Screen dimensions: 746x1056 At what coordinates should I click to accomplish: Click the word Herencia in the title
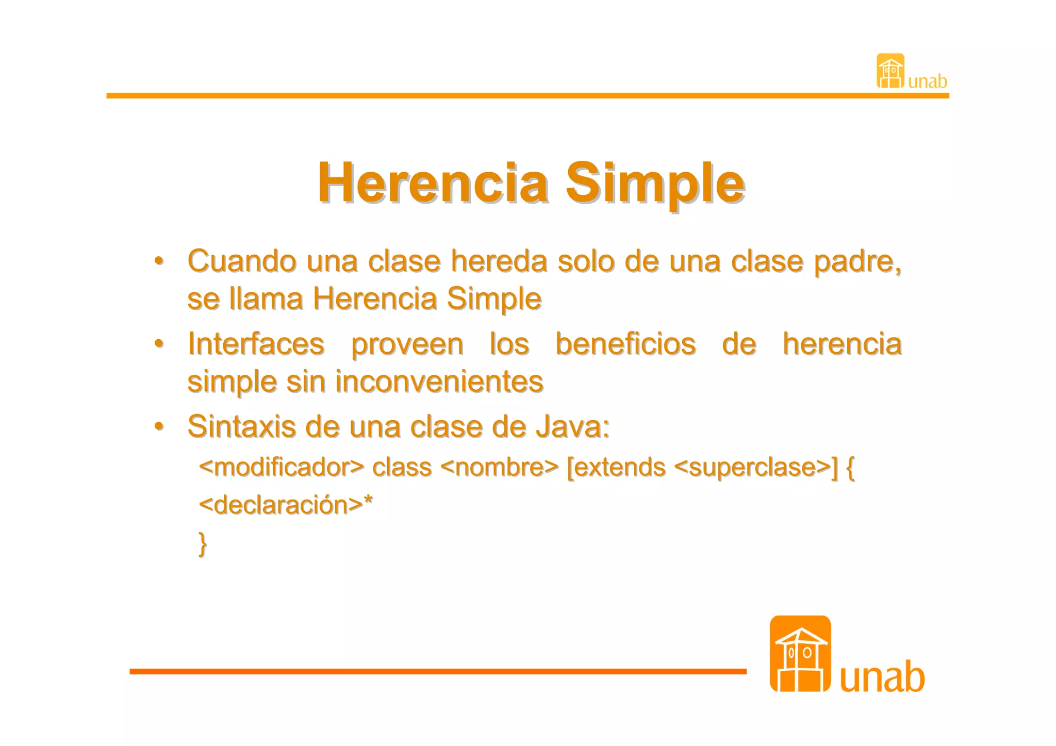click(433, 184)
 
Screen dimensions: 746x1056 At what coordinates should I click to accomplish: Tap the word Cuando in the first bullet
click(242, 261)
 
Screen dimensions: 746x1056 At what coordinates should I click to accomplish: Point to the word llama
click(266, 299)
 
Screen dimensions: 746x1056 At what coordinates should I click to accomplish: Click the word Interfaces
click(256, 344)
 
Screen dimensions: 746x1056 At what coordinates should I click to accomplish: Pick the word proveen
click(407, 345)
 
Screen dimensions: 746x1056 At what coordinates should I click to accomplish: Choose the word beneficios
click(625, 344)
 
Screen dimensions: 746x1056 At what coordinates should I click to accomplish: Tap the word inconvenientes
click(439, 382)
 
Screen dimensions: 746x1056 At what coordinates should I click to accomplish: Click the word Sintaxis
click(241, 427)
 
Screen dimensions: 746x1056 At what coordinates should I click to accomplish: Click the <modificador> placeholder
click(282, 467)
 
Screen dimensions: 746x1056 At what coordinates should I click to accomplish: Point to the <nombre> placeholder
click(499, 467)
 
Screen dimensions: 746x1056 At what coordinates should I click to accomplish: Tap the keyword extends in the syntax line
click(618, 467)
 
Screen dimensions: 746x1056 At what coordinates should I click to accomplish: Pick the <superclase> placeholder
click(752, 467)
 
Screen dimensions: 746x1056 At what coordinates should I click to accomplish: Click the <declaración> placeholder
click(282, 505)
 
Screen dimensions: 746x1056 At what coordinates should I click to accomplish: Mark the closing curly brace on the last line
click(203, 543)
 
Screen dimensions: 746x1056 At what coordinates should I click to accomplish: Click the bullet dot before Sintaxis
click(159, 426)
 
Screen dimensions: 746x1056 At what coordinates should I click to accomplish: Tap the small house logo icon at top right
click(890, 71)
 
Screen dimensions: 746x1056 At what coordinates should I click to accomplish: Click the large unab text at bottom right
click(882, 677)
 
